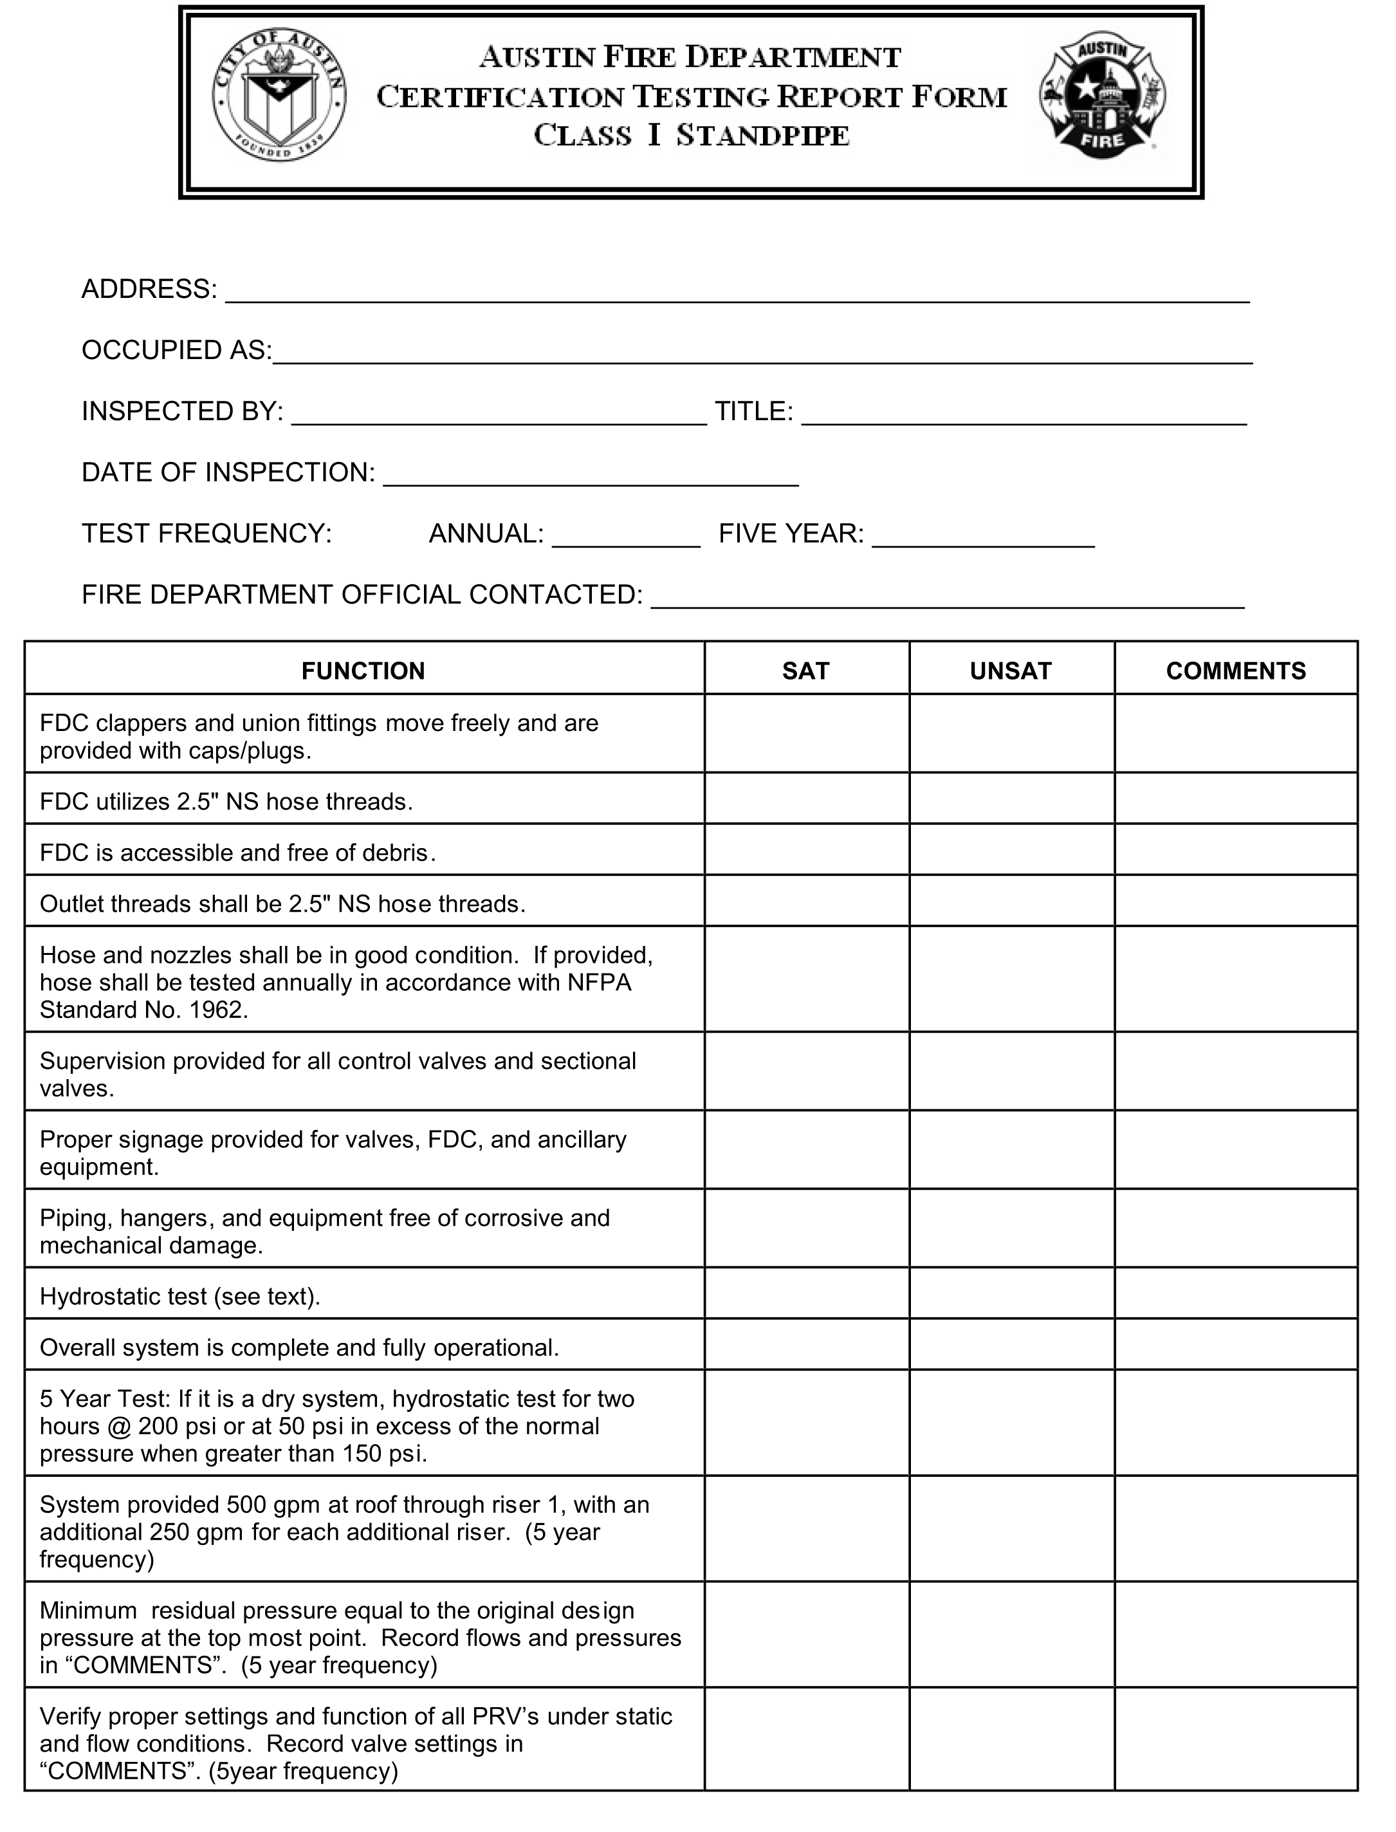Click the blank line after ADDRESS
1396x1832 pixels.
pyautogui.click(x=737, y=293)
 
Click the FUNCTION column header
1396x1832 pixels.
pyautogui.click(x=363, y=671)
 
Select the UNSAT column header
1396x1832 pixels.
pyautogui.click(x=1011, y=671)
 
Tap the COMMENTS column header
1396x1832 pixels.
pyautogui.click(x=1236, y=671)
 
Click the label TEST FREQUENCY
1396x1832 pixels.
pyautogui.click(x=206, y=533)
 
